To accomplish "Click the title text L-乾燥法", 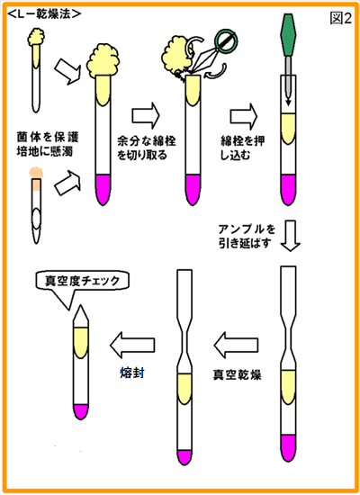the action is tap(44, 13).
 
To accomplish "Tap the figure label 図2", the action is tap(341, 18).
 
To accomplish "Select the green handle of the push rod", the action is tap(288, 35).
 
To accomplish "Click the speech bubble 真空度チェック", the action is tap(83, 281).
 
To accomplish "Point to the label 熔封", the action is tap(132, 373).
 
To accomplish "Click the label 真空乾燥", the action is tap(237, 375).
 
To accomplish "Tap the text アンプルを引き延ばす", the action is tap(247, 236).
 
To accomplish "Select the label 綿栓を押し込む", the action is tap(242, 148).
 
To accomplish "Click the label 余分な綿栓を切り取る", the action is tap(146, 148).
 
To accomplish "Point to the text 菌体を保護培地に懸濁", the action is tap(48, 144).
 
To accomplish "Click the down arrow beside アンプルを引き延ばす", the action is tap(291, 236).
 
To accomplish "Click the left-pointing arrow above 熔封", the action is tap(132, 345).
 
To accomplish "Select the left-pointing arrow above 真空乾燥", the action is tap(236, 345).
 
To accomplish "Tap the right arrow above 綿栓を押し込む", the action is tap(244, 116).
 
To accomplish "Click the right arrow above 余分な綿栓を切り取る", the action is tap(146, 115).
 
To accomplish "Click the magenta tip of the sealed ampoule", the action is tap(80, 412).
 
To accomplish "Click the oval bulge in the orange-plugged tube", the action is tap(37, 219).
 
